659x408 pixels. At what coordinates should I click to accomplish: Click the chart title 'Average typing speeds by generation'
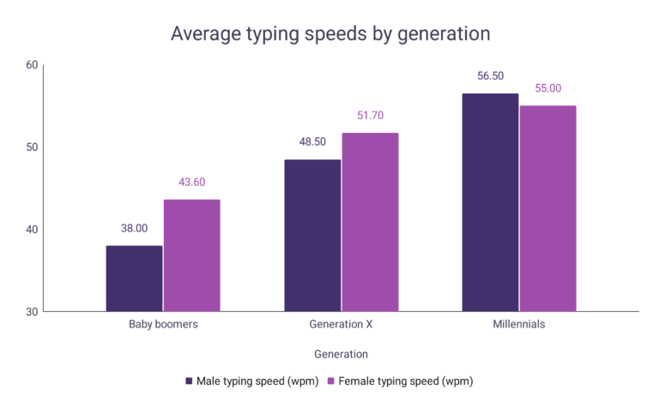point(330,33)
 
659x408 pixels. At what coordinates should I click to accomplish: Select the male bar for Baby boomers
point(134,279)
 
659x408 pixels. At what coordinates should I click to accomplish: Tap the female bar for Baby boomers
point(192,255)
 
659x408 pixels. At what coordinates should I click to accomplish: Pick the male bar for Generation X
point(312,236)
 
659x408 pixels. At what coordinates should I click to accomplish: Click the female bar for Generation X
point(371,222)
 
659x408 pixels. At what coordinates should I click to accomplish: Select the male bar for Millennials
point(490,202)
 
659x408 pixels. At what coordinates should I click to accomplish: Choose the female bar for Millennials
point(547,208)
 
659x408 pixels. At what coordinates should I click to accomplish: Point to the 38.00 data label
point(134,229)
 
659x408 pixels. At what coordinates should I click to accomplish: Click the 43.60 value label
point(191,183)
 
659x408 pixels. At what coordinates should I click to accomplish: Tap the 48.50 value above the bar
point(312,141)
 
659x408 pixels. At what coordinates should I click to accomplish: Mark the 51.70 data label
point(370,116)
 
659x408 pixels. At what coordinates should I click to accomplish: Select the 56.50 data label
point(490,75)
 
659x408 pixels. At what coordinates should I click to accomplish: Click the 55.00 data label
point(547,88)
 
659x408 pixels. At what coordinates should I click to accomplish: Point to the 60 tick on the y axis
point(32,65)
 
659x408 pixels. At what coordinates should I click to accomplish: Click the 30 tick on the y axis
point(32,312)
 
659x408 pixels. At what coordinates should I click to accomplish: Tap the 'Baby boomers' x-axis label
point(163,326)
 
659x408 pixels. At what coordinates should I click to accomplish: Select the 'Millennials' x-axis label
point(518,326)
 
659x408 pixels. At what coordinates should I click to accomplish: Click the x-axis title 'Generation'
point(341,354)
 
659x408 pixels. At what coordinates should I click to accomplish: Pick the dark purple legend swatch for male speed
point(189,381)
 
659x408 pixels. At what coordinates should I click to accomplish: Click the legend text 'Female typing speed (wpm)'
point(406,381)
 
